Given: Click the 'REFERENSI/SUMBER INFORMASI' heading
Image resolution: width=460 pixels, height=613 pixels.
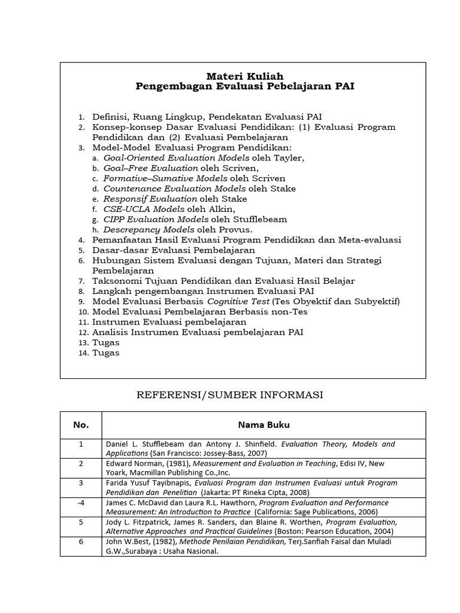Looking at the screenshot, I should coord(230,394).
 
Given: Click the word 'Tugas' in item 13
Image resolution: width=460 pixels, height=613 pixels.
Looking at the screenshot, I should coord(106,342).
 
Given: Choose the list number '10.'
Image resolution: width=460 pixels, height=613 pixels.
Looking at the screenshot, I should coord(83,312).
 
